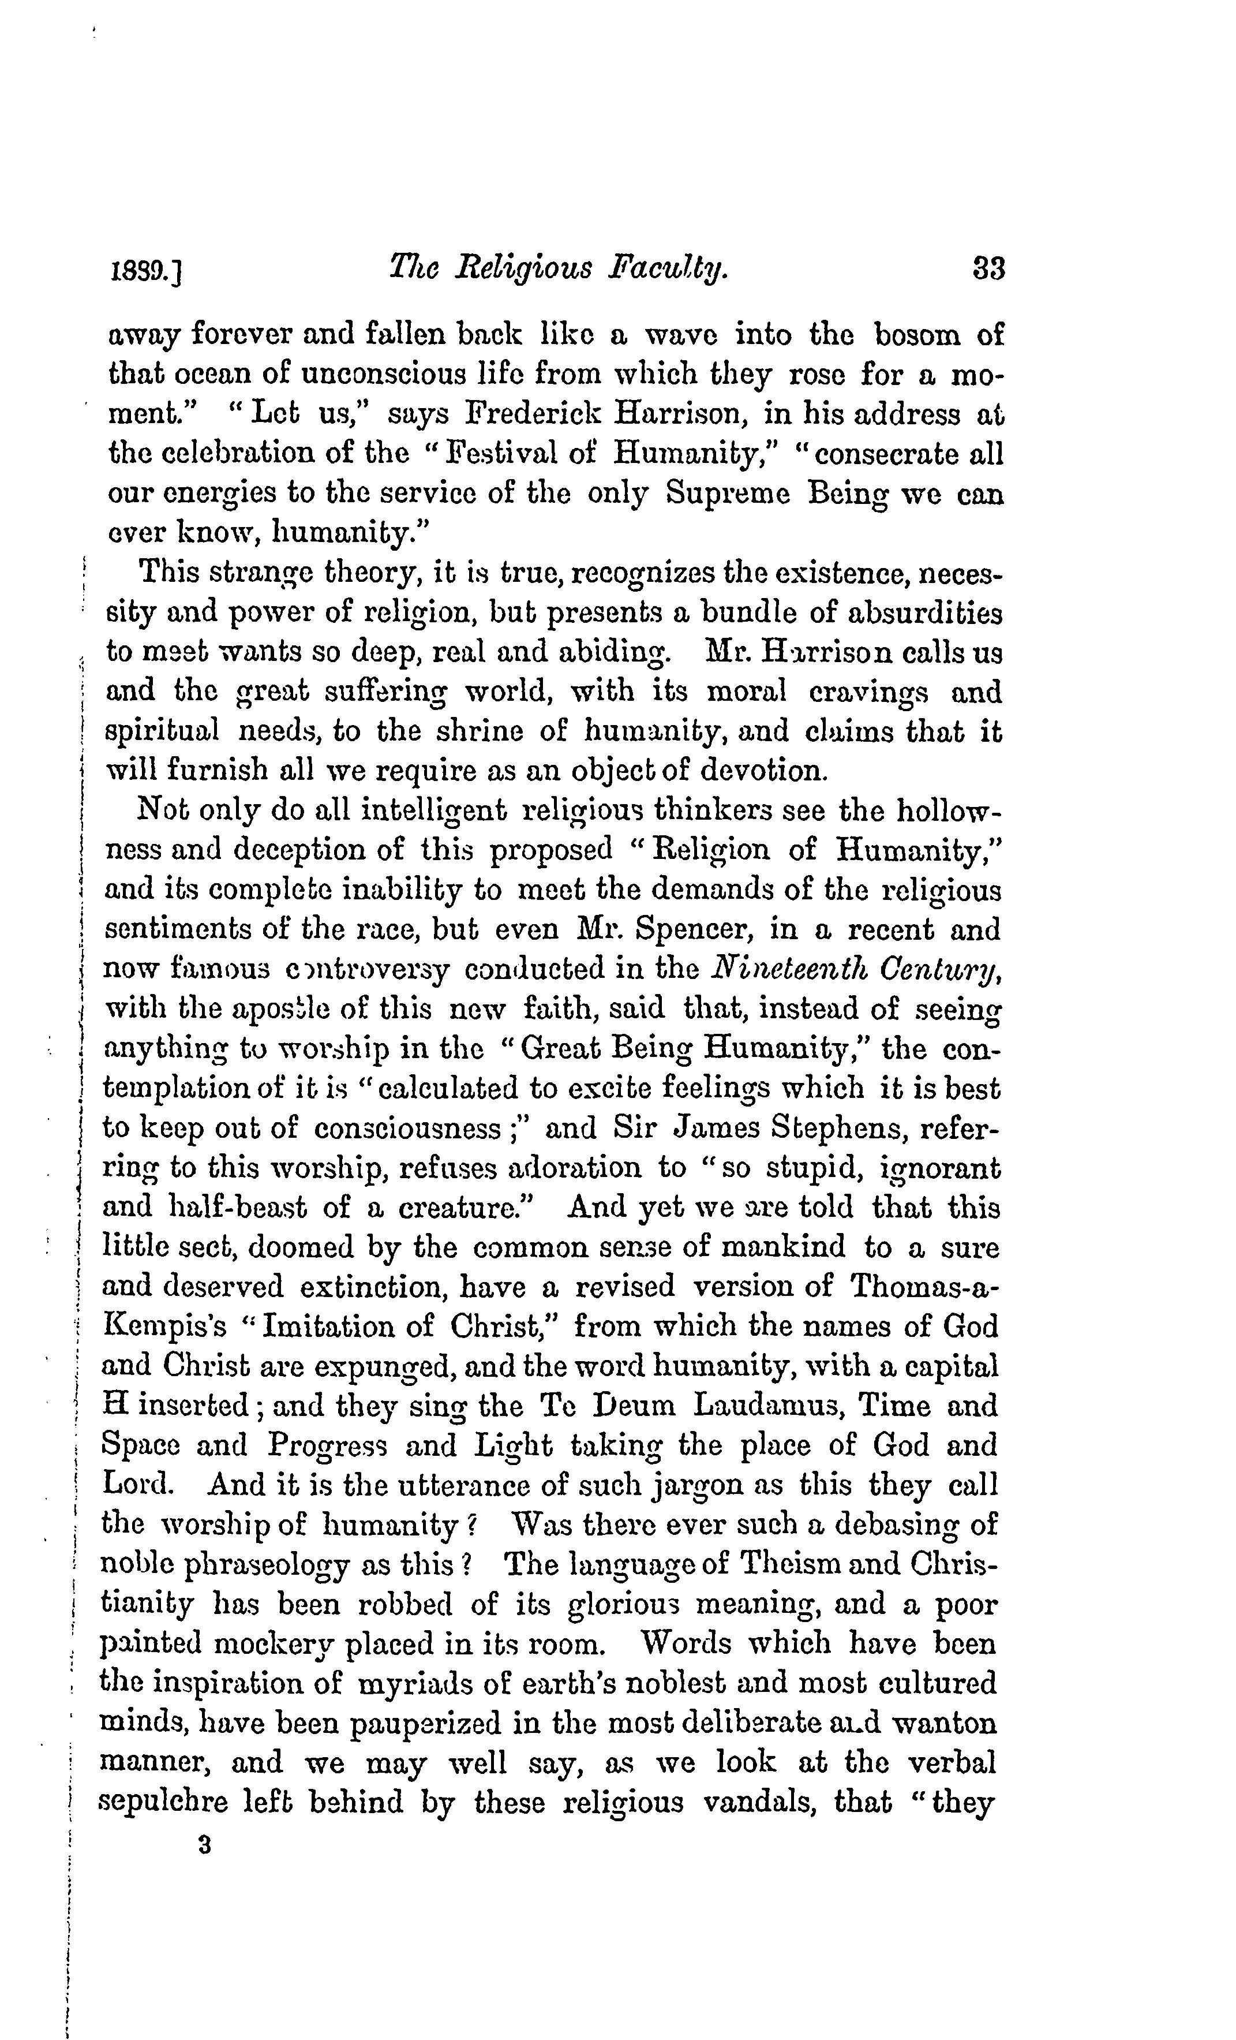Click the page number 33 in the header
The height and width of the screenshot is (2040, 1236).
pyautogui.click(x=988, y=270)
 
